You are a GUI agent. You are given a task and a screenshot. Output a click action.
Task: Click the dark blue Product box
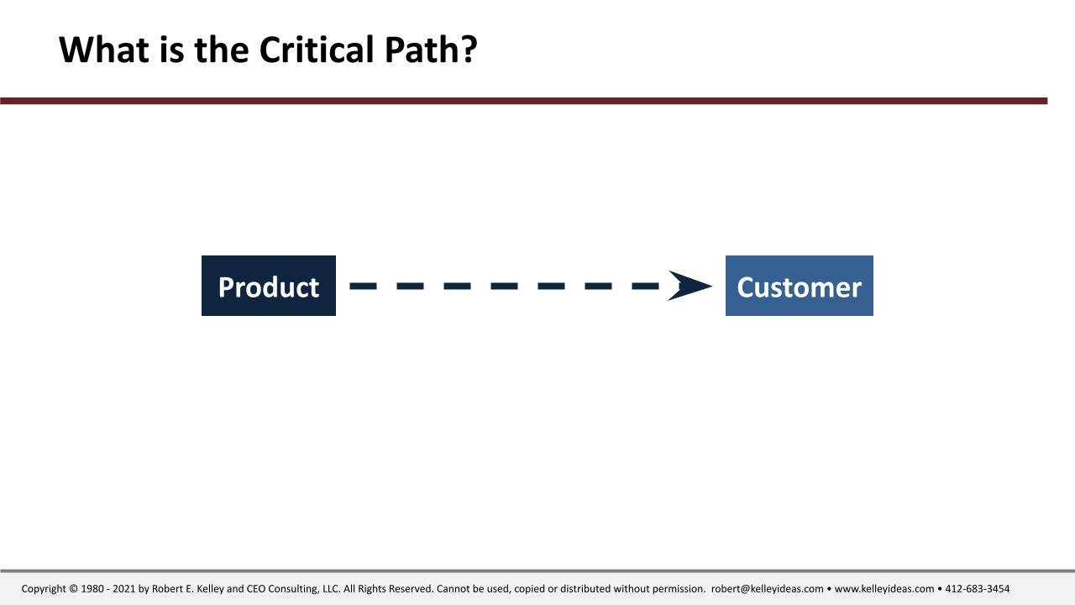pyautogui.click(x=268, y=286)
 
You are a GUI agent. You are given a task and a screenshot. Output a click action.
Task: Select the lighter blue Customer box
pyautogui.click(x=799, y=286)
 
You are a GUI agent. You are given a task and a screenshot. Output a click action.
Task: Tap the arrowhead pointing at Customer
pyautogui.click(x=690, y=286)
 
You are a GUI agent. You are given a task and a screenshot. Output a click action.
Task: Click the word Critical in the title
pyautogui.click(x=317, y=50)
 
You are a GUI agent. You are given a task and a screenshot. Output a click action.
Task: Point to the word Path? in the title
pyautogui.click(x=431, y=50)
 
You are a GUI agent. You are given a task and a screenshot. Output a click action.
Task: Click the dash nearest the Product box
pyautogui.click(x=364, y=287)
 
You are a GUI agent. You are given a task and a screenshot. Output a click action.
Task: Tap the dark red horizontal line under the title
pyautogui.click(x=523, y=101)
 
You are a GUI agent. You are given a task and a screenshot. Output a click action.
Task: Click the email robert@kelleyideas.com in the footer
pyautogui.click(x=767, y=589)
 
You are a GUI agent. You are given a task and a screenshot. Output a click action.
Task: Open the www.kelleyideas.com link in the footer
pyautogui.click(x=884, y=589)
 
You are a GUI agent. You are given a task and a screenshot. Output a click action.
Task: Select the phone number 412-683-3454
pyautogui.click(x=977, y=589)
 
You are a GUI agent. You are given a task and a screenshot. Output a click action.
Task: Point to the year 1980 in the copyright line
pyautogui.click(x=92, y=589)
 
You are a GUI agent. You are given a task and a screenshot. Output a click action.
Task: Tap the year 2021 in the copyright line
pyautogui.click(x=123, y=589)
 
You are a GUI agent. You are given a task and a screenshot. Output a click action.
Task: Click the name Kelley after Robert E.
pyautogui.click(x=210, y=589)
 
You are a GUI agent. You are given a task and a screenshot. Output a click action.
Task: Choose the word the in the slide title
pyautogui.click(x=221, y=50)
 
